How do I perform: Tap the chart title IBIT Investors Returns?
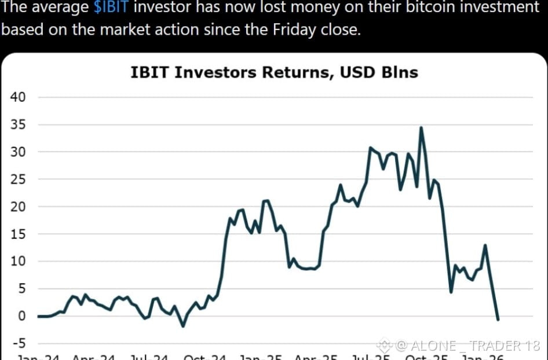click(232, 72)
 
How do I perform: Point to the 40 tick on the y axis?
click(18, 97)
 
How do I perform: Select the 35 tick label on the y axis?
click(18, 124)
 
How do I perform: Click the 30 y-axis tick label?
click(18, 152)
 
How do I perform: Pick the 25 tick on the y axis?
click(18, 179)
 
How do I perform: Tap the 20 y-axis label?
click(18, 207)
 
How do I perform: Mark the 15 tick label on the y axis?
click(18, 234)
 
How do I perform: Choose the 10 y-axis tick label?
click(18, 261)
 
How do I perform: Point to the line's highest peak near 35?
click(421, 127)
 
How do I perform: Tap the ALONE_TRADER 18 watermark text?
click(474, 346)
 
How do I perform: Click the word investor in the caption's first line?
click(165, 8)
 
